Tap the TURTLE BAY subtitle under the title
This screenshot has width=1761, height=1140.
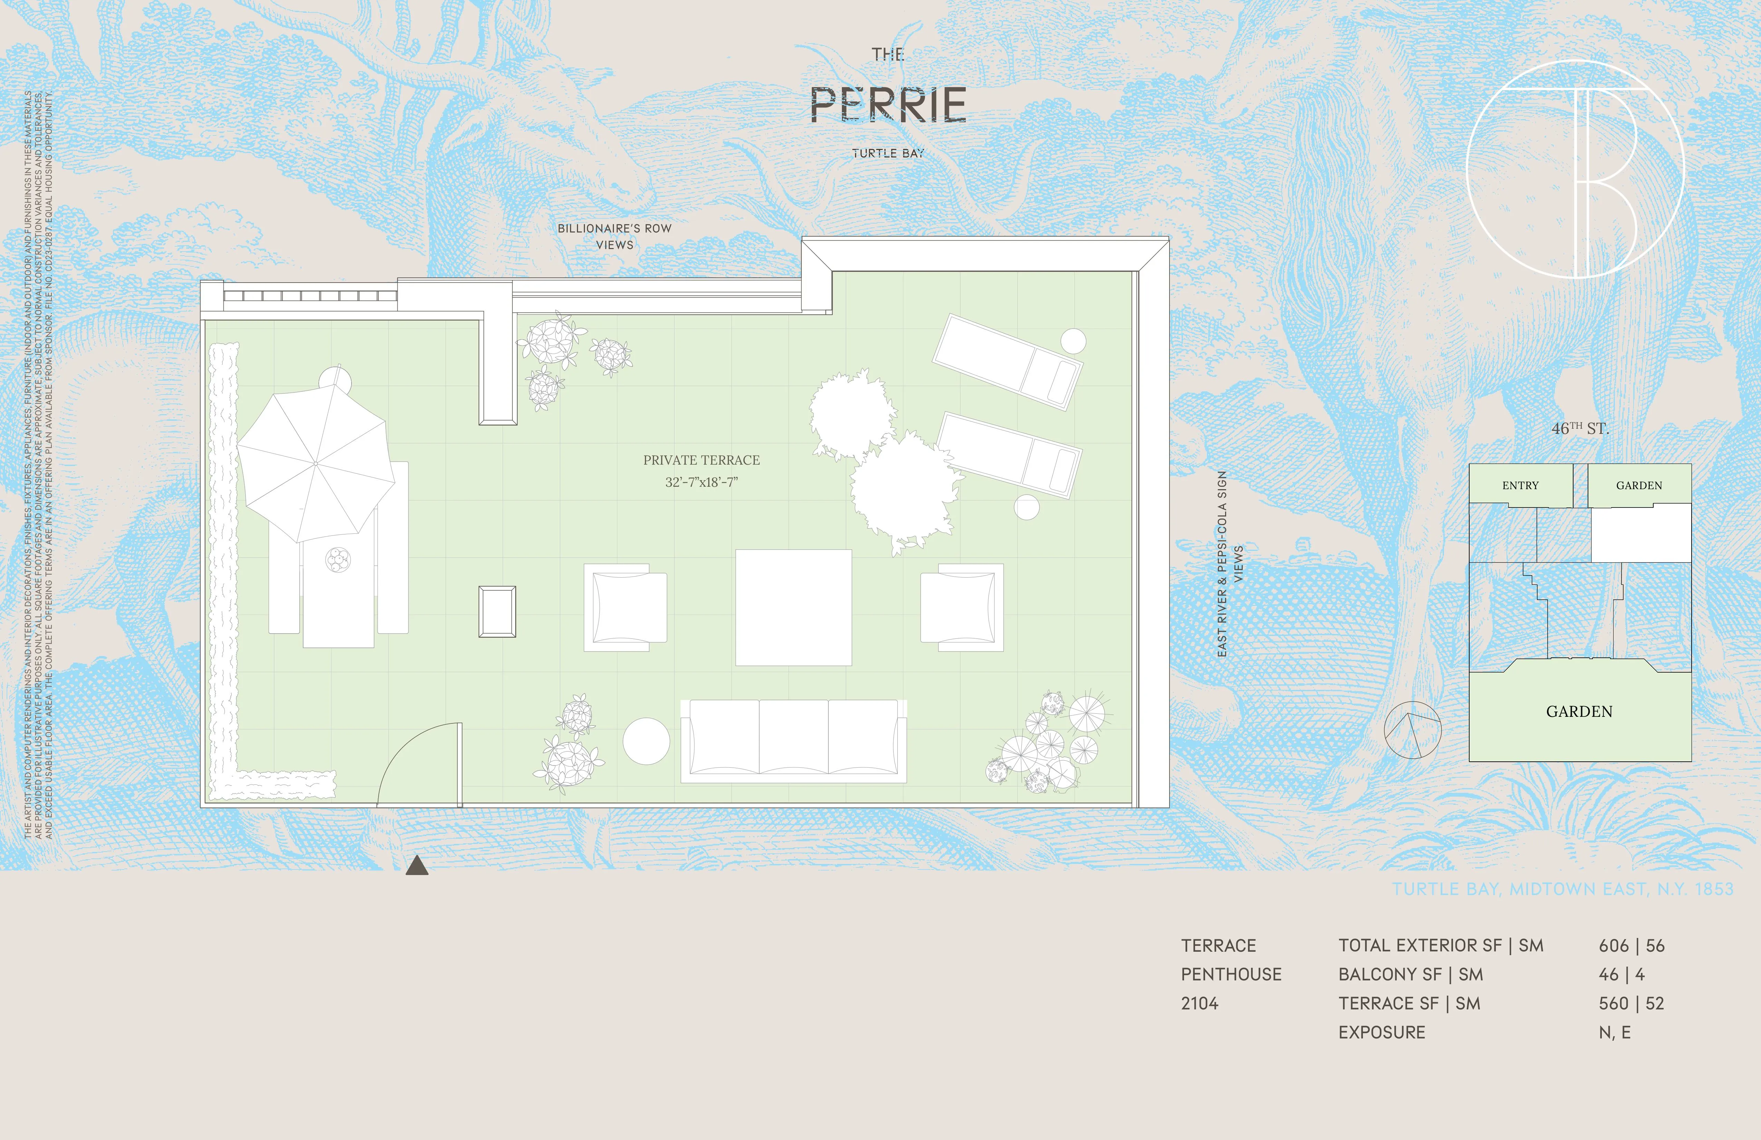(888, 153)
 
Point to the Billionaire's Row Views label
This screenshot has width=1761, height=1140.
(614, 236)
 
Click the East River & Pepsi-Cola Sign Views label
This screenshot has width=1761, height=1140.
(1229, 564)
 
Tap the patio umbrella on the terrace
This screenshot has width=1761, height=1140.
(315, 463)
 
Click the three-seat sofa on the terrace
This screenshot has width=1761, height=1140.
(793, 740)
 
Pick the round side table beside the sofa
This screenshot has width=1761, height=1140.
(646, 741)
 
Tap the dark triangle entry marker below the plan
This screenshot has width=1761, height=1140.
(416, 865)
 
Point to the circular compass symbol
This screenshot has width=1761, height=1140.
(1412, 730)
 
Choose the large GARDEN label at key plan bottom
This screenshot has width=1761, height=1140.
(1579, 711)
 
